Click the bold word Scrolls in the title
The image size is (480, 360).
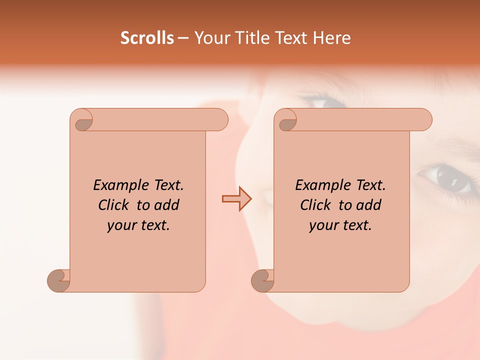tap(147, 38)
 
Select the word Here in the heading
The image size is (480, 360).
tap(332, 38)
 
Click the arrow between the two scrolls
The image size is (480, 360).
tap(236, 199)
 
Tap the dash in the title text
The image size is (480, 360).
tap(183, 38)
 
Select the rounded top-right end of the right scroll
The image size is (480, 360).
tap(424, 120)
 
